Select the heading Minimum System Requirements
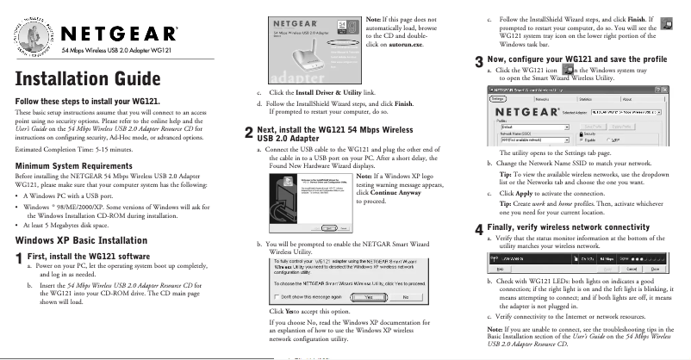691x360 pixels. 73,165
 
